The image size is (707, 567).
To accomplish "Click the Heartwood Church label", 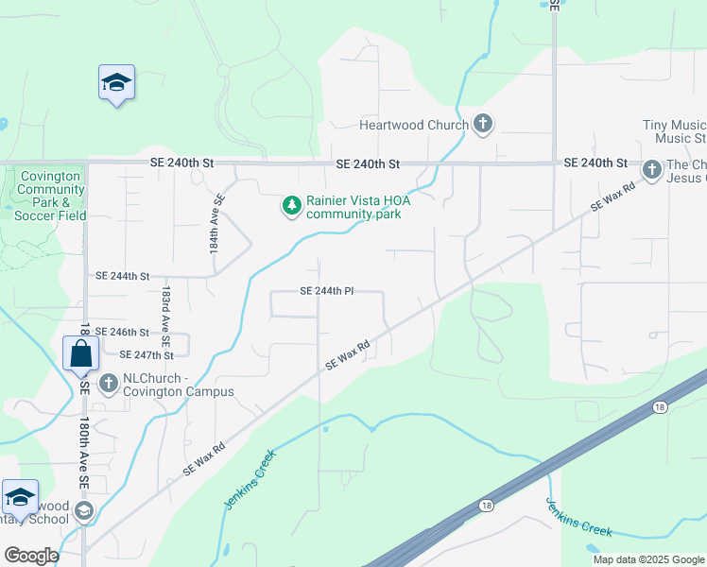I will click(413, 125).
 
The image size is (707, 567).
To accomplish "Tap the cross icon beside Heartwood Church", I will click(483, 125).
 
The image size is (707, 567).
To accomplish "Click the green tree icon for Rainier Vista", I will click(292, 204).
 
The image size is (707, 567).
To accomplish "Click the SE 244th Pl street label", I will click(326, 291).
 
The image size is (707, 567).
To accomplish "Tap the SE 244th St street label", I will click(123, 276).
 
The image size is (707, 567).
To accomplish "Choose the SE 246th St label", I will click(123, 333).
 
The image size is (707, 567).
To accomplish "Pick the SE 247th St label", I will click(147, 355).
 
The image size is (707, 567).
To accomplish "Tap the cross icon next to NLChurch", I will click(109, 384).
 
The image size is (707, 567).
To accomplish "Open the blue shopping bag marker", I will click(81, 354).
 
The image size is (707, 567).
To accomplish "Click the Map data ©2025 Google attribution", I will click(648, 559).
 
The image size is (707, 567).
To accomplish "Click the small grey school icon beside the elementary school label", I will click(83, 512).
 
